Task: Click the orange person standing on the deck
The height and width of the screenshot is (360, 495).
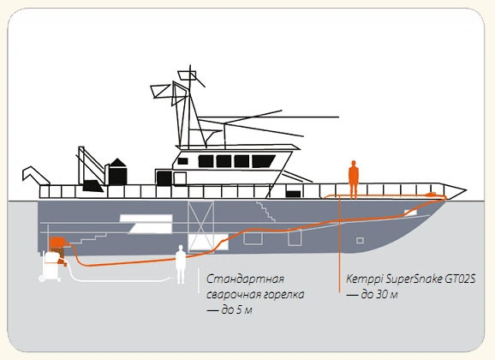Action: (x=353, y=179)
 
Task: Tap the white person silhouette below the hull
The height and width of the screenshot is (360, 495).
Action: (x=181, y=264)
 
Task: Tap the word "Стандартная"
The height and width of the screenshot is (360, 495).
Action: (x=245, y=279)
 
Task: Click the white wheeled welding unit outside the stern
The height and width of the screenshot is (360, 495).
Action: (x=51, y=266)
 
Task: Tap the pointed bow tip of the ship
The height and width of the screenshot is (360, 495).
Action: (x=466, y=190)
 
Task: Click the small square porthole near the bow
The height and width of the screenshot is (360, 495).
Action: (x=360, y=241)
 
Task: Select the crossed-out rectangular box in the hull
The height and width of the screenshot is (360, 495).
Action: (x=200, y=225)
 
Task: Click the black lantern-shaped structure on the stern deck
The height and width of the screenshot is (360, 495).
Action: (x=117, y=172)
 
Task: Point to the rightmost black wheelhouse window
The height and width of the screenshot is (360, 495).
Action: (x=263, y=161)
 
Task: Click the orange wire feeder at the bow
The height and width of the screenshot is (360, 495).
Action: (x=431, y=194)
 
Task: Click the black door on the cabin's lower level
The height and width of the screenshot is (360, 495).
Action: (x=164, y=178)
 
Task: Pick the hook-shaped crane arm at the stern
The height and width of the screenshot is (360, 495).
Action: (x=35, y=175)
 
